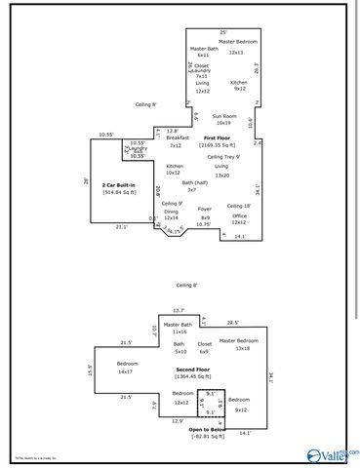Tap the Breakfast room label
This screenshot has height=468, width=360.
pyautogui.click(x=177, y=138)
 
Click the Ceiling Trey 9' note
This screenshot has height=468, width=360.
pyautogui.click(x=223, y=157)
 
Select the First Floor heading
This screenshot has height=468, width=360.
pyautogui.click(x=216, y=138)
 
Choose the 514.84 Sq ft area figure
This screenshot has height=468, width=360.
pyautogui.click(x=118, y=192)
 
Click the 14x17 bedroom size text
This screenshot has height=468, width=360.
pyautogui.click(x=125, y=372)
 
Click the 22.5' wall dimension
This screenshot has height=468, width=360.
pyautogui.click(x=233, y=323)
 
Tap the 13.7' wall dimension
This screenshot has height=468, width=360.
pyautogui.click(x=178, y=310)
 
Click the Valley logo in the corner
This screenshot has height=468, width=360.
pyautogui.click(x=332, y=451)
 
